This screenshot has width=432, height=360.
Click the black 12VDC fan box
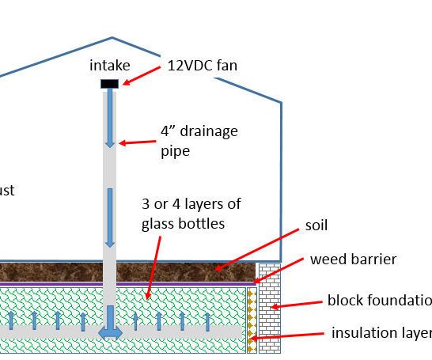(x=109, y=83)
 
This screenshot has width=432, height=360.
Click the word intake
(x=109, y=66)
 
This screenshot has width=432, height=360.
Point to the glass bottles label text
(x=191, y=214)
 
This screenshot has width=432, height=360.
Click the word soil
(x=316, y=225)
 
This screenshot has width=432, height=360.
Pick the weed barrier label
(x=353, y=260)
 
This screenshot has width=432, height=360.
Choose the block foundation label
(x=379, y=301)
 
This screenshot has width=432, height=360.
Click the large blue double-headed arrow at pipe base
(x=109, y=332)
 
